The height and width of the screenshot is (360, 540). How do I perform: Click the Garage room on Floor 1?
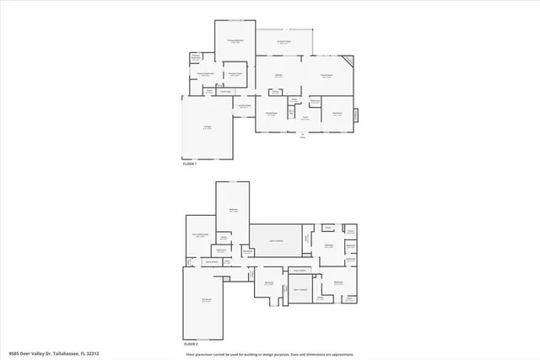point(207,126)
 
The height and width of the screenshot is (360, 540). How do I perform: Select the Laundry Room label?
point(244,107)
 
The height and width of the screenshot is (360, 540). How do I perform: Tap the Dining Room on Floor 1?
point(272,114)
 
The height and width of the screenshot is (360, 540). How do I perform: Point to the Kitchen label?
point(278,76)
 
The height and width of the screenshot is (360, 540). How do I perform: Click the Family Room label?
point(326,76)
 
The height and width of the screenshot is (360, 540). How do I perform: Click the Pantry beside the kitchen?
point(294,100)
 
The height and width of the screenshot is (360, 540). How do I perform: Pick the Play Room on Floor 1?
point(337,114)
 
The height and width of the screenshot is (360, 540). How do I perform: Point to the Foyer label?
point(305,118)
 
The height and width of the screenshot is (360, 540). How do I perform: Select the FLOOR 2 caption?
point(191,344)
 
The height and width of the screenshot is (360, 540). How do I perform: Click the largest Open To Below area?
point(275,240)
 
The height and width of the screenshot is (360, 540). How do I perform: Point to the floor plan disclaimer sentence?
point(270,354)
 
